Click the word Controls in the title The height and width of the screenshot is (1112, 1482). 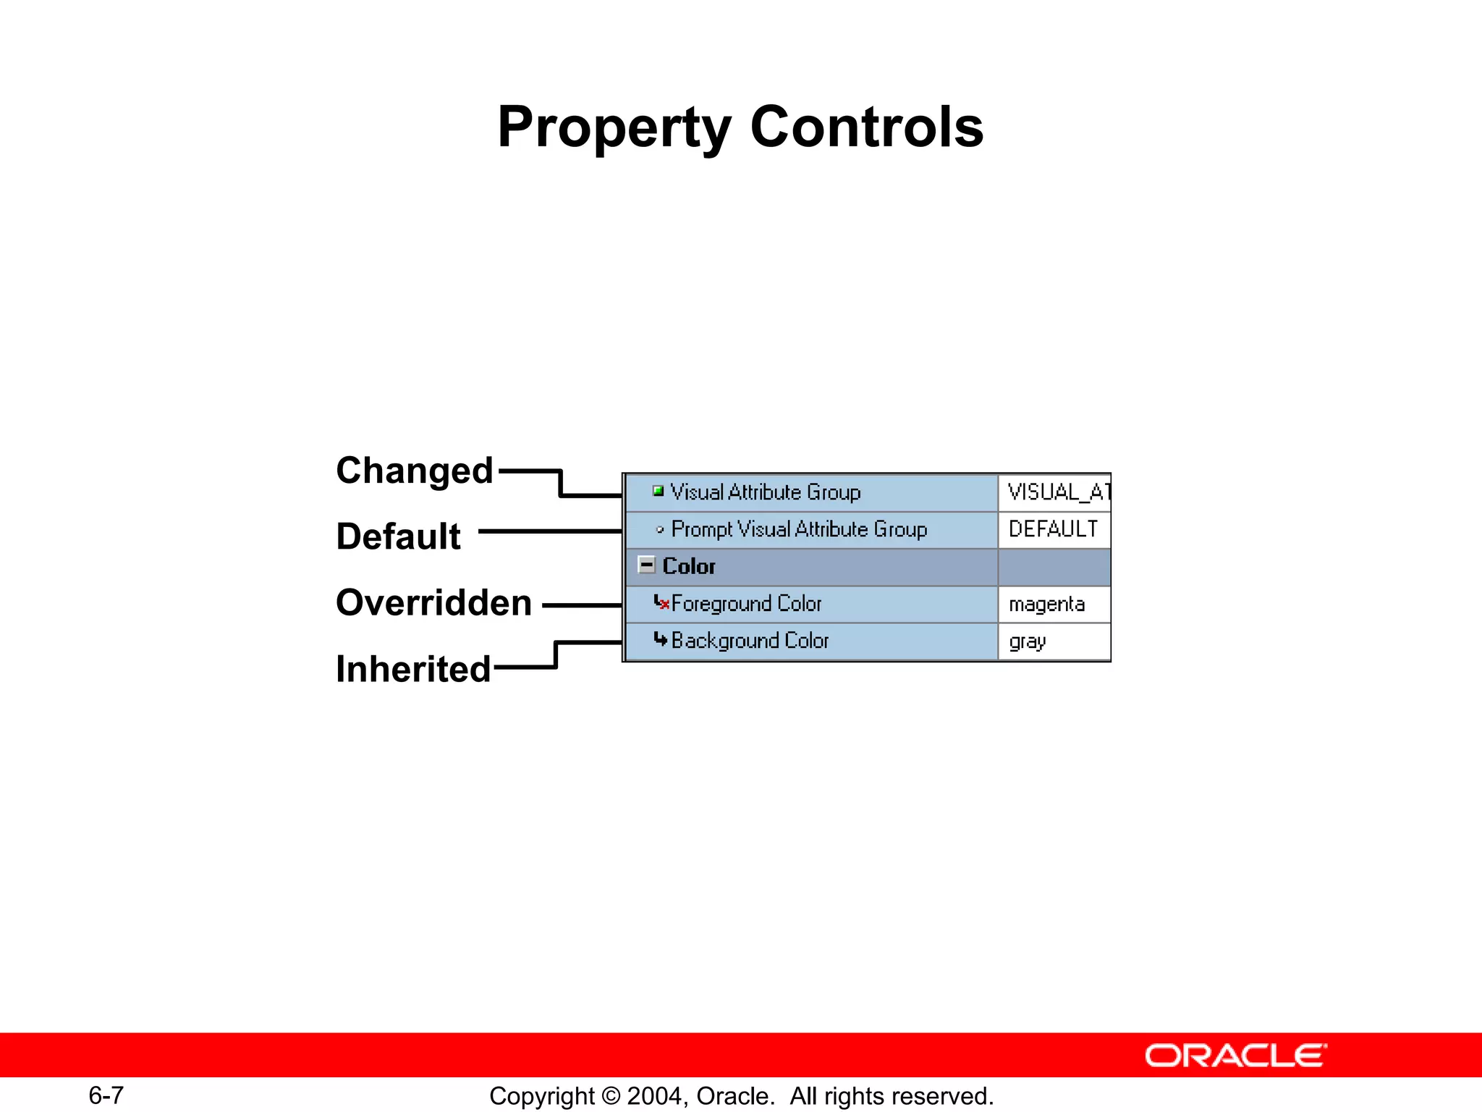[x=867, y=127]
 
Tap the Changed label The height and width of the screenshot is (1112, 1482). [x=414, y=471]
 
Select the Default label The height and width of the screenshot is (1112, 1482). [x=398, y=536]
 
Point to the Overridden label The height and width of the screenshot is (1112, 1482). [x=433, y=602]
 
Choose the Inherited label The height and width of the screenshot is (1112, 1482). [x=413, y=669]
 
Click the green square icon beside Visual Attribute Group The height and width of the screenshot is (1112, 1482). [x=658, y=492]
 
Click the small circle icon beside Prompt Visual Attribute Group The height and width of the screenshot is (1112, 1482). [x=659, y=530]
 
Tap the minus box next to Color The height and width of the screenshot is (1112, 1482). [x=647, y=565]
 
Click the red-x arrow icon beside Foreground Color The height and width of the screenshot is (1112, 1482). [x=661, y=602]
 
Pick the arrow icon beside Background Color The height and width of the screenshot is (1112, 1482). [x=660, y=639]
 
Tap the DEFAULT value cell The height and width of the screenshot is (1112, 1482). [x=1053, y=529]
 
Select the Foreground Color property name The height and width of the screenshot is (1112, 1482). [x=746, y=604]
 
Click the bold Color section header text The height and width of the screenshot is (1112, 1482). [x=688, y=566]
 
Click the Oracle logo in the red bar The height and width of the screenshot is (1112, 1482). [x=1235, y=1056]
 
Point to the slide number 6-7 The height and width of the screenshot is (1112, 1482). [x=106, y=1095]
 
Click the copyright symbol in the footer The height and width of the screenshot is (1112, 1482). [x=610, y=1096]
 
